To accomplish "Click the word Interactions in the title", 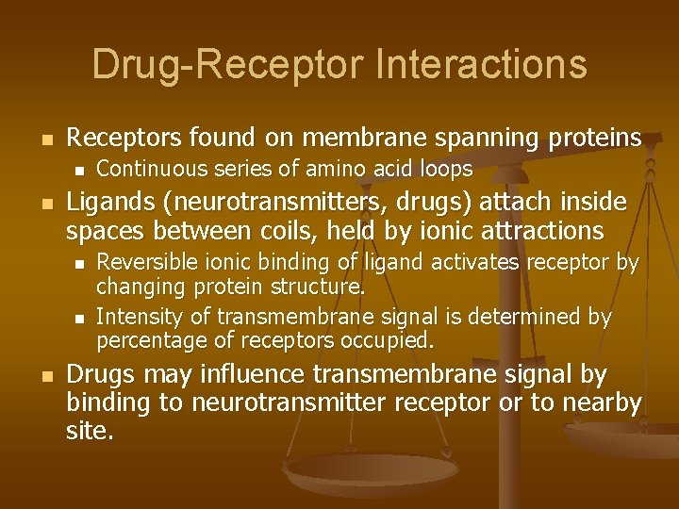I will tap(481, 64).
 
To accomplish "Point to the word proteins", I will tap(593, 139).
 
